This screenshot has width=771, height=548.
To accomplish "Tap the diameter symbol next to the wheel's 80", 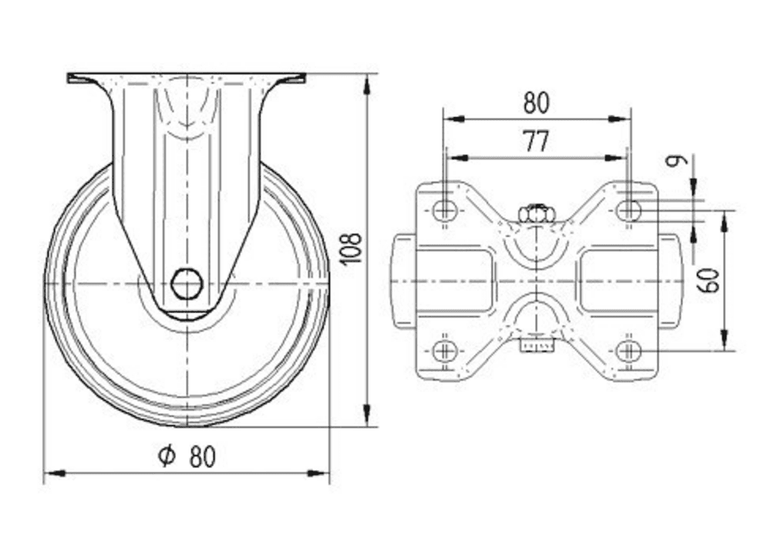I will tap(166, 456).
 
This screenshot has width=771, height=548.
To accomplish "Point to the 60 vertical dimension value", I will tap(712, 280).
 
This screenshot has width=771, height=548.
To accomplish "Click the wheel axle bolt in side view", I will tap(187, 284).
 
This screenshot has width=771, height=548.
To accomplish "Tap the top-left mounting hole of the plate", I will tap(443, 209).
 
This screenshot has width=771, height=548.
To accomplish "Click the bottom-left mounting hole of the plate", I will tap(443, 351).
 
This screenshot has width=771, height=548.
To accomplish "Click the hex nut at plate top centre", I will tap(537, 213).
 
